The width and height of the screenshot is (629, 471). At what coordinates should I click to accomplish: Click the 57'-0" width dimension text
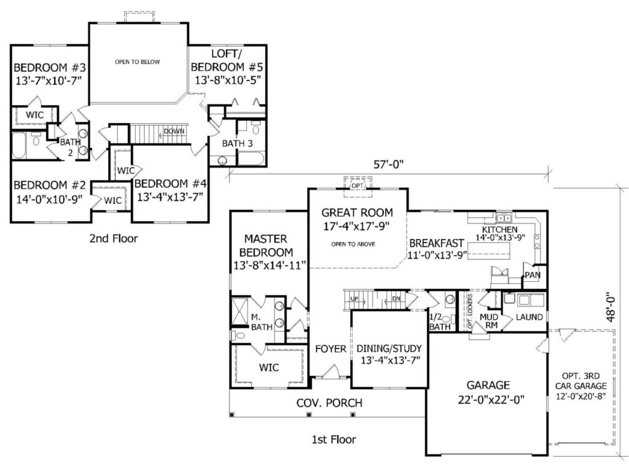click(389, 165)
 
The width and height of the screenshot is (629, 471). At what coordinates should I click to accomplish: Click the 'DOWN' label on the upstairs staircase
click(174, 131)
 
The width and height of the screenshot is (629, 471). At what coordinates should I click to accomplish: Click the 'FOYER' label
click(330, 349)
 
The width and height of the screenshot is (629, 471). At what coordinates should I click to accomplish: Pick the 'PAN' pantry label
click(532, 276)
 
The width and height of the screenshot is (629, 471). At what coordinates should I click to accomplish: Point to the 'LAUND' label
click(529, 317)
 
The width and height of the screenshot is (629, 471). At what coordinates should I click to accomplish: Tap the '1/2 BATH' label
click(440, 322)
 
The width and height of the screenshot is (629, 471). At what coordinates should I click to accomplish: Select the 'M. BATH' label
click(261, 322)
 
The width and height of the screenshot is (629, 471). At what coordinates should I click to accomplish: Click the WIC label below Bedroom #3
click(35, 115)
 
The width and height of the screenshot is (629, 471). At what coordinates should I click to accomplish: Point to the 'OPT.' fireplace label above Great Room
click(357, 185)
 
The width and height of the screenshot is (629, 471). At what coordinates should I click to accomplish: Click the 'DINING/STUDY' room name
click(389, 349)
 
